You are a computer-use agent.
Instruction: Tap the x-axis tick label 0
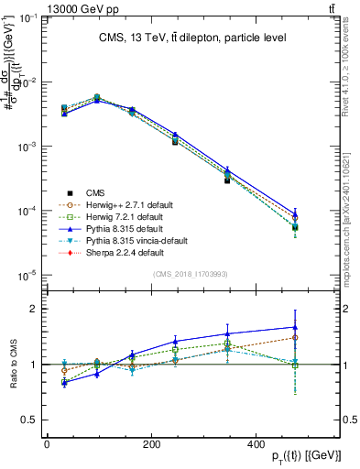click(47, 444)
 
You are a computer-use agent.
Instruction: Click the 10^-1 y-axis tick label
click(25, 18)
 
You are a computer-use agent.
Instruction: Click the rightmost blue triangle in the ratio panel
click(295, 327)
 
